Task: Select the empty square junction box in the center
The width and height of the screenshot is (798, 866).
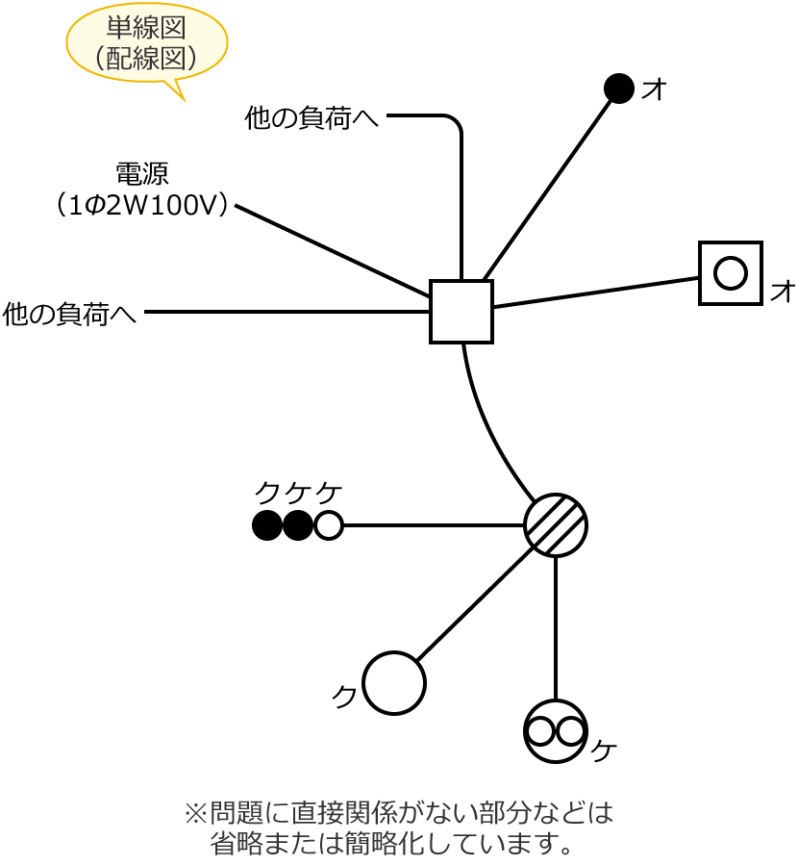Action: (461, 312)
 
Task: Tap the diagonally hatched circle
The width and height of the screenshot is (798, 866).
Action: (556, 525)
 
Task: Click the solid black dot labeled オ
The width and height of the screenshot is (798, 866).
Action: (619, 89)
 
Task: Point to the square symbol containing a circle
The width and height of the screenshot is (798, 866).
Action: (731, 273)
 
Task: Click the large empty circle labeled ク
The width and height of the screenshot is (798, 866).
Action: (394, 683)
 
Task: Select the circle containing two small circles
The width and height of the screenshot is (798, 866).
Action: (556, 731)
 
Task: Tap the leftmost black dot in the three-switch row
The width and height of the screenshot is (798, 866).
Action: (267, 525)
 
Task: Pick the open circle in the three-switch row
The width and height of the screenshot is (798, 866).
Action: (329, 525)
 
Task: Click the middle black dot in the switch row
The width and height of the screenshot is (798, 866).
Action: (298, 525)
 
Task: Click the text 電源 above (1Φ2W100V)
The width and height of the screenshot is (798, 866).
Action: (142, 174)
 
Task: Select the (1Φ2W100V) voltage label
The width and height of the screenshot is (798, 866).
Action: (142, 205)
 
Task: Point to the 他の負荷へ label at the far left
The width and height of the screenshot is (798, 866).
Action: (69, 314)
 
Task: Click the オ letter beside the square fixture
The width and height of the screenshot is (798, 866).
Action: (783, 291)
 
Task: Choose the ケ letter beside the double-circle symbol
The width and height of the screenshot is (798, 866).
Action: (604, 751)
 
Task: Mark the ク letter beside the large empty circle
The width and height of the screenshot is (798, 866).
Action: (344, 696)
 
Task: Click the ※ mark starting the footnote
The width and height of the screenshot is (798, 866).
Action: (195, 813)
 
